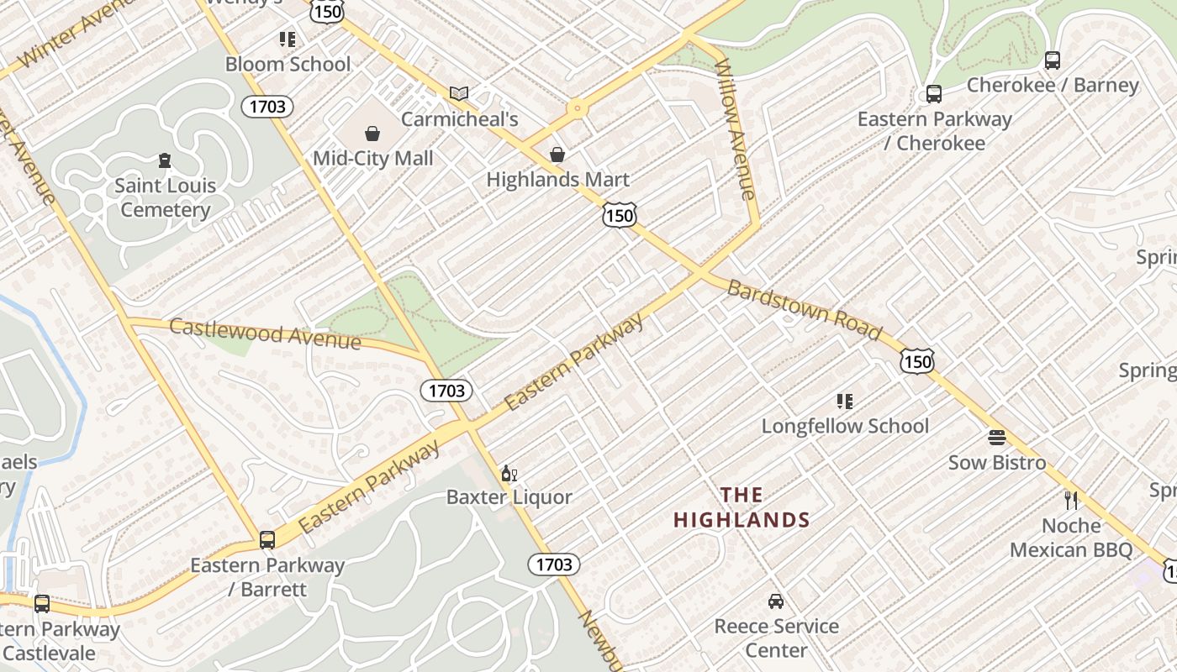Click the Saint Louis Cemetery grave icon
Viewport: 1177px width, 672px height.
coord(165,160)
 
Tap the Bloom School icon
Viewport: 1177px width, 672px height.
coord(288,39)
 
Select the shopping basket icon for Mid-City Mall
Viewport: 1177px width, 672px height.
coord(372,134)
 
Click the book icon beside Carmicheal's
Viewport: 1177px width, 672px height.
coord(458,93)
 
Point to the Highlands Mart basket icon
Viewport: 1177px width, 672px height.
coord(557,155)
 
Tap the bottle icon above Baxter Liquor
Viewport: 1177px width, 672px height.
coord(509,474)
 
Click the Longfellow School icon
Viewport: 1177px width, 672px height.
coord(845,402)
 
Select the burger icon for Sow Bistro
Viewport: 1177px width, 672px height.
coord(997,438)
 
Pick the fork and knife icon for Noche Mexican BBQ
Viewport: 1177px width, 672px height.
coord(1071,501)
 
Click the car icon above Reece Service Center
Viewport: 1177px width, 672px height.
coord(776,601)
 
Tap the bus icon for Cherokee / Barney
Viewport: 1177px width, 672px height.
coord(1052,60)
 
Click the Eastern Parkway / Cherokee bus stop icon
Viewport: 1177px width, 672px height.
coord(933,94)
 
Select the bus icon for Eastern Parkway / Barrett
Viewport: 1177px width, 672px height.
coord(267,540)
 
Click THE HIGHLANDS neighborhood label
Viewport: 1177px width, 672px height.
coord(742,507)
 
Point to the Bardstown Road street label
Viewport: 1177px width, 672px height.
coord(805,312)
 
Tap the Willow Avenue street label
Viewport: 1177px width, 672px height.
coord(735,129)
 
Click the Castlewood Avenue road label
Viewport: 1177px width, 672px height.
coord(265,333)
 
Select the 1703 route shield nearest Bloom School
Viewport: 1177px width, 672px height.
coord(268,107)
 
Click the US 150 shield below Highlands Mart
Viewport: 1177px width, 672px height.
coord(619,216)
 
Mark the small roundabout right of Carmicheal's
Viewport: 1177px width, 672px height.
coord(577,108)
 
